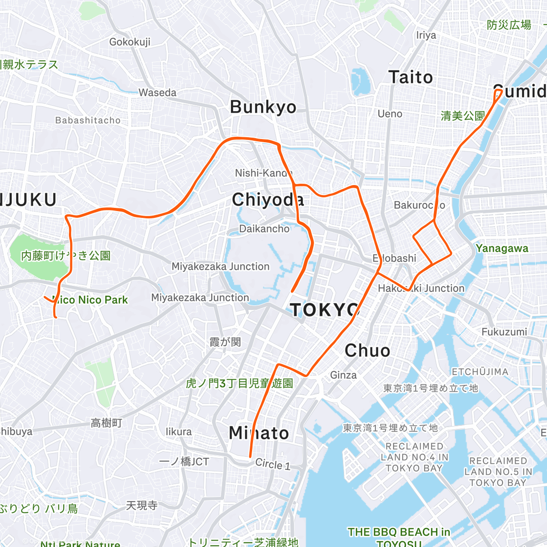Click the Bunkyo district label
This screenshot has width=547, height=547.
pyautogui.click(x=263, y=107)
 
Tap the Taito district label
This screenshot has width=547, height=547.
pyautogui.click(x=410, y=77)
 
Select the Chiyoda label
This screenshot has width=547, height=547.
pyautogui.click(x=268, y=200)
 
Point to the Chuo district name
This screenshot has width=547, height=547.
pyautogui.click(x=367, y=351)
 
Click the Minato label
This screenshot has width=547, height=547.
pyautogui.click(x=259, y=433)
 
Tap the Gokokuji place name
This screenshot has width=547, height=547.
pyautogui.click(x=129, y=42)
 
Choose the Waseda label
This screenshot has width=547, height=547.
pyautogui.click(x=157, y=93)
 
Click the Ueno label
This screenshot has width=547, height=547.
pyautogui.click(x=390, y=114)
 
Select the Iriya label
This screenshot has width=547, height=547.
pyautogui.click(x=426, y=35)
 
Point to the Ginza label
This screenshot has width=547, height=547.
pyautogui.click(x=343, y=375)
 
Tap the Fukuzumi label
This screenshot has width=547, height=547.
pyautogui.click(x=504, y=332)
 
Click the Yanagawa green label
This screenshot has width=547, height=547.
pyautogui.click(x=502, y=248)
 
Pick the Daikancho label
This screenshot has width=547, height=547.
pyautogui.click(x=264, y=228)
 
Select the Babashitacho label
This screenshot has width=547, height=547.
pyautogui.click(x=88, y=120)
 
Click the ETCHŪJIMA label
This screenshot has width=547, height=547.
pyautogui.click(x=480, y=372)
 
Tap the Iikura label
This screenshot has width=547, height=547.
pyautogui.click(x=178, y=432)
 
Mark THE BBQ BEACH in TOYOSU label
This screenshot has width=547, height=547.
pyautogui.click(x=399, y=537)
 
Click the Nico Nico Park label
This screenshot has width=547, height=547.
pyautogui.click(x=90, y=300)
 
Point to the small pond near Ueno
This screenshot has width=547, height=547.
pyautogui.click(x=360, y=81)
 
